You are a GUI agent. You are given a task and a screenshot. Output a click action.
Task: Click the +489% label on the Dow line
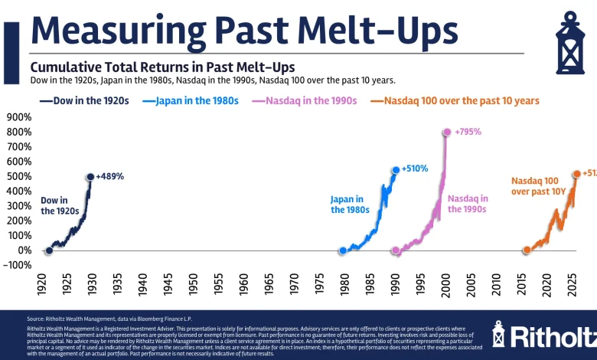tap(110, 176)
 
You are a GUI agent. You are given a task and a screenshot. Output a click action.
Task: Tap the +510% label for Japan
tap(415, 169)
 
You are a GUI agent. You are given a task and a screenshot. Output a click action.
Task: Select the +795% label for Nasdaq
tap(468, 132)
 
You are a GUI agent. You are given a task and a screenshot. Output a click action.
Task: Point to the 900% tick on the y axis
tap(19, 117)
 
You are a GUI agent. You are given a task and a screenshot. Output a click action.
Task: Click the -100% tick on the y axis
tap(18, 265)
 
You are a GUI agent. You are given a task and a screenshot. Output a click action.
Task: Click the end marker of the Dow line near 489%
tap(90, 177)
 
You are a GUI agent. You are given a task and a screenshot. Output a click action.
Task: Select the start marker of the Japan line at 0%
tap(343, 250)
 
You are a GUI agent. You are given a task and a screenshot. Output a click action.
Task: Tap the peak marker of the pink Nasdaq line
tap(447, 133)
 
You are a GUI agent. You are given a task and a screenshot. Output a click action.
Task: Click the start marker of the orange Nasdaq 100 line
tap(527, 250)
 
